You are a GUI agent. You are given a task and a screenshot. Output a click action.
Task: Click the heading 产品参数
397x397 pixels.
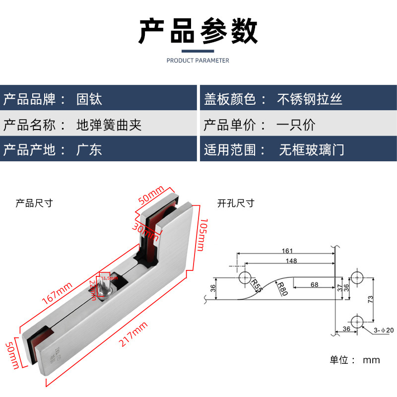coord(198,31)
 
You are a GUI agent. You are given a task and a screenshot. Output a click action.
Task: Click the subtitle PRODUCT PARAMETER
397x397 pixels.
coord(198,61)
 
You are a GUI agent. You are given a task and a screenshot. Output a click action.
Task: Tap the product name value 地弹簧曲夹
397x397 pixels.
coord(109,125)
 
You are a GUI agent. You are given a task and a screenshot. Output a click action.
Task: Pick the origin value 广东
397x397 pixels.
coord(89,149)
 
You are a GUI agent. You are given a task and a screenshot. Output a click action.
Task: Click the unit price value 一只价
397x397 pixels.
coord(296,125)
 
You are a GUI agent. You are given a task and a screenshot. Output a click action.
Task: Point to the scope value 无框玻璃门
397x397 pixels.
coord(311,149)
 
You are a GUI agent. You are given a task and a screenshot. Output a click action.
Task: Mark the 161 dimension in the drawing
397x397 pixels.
coord(287,251)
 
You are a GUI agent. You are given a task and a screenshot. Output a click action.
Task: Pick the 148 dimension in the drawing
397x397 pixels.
coord(291,261)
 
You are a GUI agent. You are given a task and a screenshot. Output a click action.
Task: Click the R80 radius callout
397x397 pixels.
coord(281,288)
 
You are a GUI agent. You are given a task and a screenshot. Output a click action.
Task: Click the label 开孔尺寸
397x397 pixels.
coord(236,203)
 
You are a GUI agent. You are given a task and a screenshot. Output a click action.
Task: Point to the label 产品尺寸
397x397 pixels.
coord(34,203)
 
